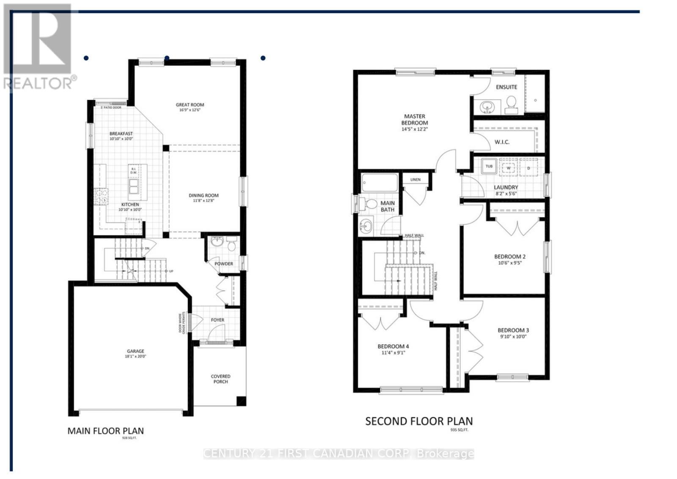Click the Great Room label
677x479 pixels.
click(190, 105)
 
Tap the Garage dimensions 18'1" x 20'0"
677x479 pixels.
click(135, 357)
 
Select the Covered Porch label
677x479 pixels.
click(220, 379)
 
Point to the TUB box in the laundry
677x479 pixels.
click(489, 166)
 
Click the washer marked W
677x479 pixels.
click(509, 168)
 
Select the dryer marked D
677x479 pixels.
click(528, 168)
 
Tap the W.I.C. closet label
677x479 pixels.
click(502, 142)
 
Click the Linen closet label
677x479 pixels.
click(415, 180)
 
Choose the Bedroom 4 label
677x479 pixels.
click(393, 346)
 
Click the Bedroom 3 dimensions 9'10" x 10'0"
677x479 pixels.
click(513, 337)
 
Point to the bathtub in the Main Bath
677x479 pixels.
click(380, 183)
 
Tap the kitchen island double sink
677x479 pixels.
click(134, 186)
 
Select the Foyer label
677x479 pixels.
click(217, 320)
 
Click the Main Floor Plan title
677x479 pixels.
click(106, 431)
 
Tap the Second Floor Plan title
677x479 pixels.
click(419, 421)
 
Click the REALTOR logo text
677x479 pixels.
click(40, 83)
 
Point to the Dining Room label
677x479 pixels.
click(204, 196)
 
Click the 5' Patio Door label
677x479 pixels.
click(111, 108)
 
